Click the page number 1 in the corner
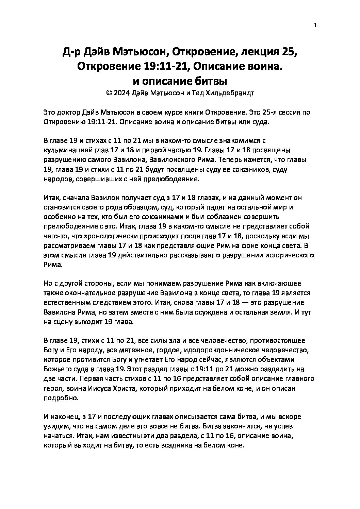(x=315, y=25)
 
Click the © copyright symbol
(x=109, y=94)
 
